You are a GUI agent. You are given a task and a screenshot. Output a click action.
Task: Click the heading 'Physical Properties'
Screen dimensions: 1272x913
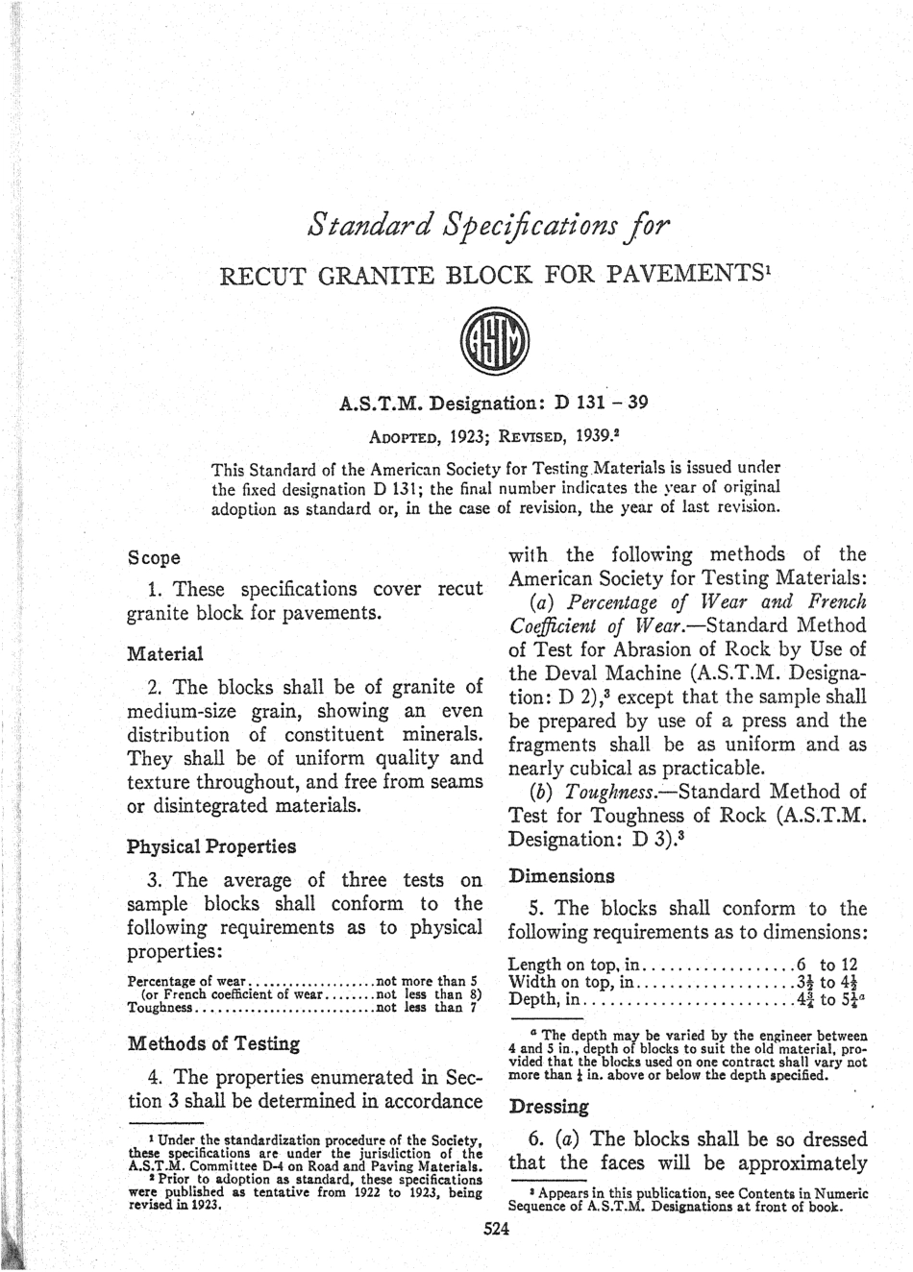[x=210, y=846]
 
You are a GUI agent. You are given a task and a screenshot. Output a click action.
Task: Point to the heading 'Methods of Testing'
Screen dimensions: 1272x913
[x=213, y=1042]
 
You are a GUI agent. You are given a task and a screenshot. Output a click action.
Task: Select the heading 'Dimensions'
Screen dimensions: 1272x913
[x=561, y=875]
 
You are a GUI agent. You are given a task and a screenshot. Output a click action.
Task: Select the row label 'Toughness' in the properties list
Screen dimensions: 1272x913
[x=160, y=1008]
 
